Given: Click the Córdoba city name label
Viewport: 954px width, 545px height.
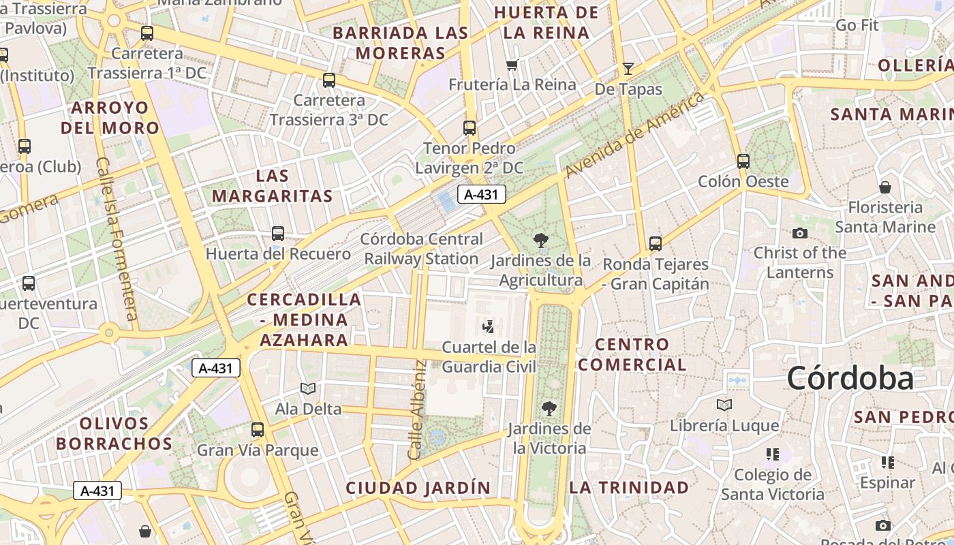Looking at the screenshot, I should [850, 379].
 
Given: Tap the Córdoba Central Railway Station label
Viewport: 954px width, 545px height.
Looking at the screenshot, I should [422, 249].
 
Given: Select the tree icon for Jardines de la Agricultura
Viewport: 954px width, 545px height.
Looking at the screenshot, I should [541, 240].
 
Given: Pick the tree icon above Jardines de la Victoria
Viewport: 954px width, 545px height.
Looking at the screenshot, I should [549, 409].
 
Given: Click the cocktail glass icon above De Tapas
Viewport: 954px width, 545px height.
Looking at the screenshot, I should [628, 68].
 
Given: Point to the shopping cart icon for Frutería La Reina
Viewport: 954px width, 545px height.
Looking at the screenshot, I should [512, 65].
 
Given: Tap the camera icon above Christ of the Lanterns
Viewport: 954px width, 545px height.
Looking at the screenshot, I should [800, 233].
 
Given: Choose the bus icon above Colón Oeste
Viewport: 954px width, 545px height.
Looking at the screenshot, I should [743, 161].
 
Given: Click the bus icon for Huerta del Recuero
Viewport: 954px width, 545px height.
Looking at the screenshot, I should [278, 234].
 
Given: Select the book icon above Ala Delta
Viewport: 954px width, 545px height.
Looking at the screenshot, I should [308, 388].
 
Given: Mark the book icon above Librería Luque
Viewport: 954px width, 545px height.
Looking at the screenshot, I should [724, 405].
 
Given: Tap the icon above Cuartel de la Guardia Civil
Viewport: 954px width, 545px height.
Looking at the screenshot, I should [488, 327].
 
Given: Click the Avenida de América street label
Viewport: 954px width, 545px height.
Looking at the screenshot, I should [634, 135].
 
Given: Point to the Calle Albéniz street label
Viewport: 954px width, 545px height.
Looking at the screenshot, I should [417, 410].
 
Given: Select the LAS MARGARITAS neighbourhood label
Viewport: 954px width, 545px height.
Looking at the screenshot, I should [272, 186].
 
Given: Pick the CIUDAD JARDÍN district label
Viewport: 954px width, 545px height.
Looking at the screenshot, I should [418, 488].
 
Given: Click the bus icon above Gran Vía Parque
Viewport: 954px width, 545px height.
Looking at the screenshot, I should [257, 430].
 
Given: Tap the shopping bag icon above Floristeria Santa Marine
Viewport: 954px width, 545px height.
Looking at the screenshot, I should [884, 187].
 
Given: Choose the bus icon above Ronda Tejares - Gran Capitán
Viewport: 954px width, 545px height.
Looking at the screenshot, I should [656, 243].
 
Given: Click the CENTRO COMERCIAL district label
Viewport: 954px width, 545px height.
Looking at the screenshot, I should [632, 354].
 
